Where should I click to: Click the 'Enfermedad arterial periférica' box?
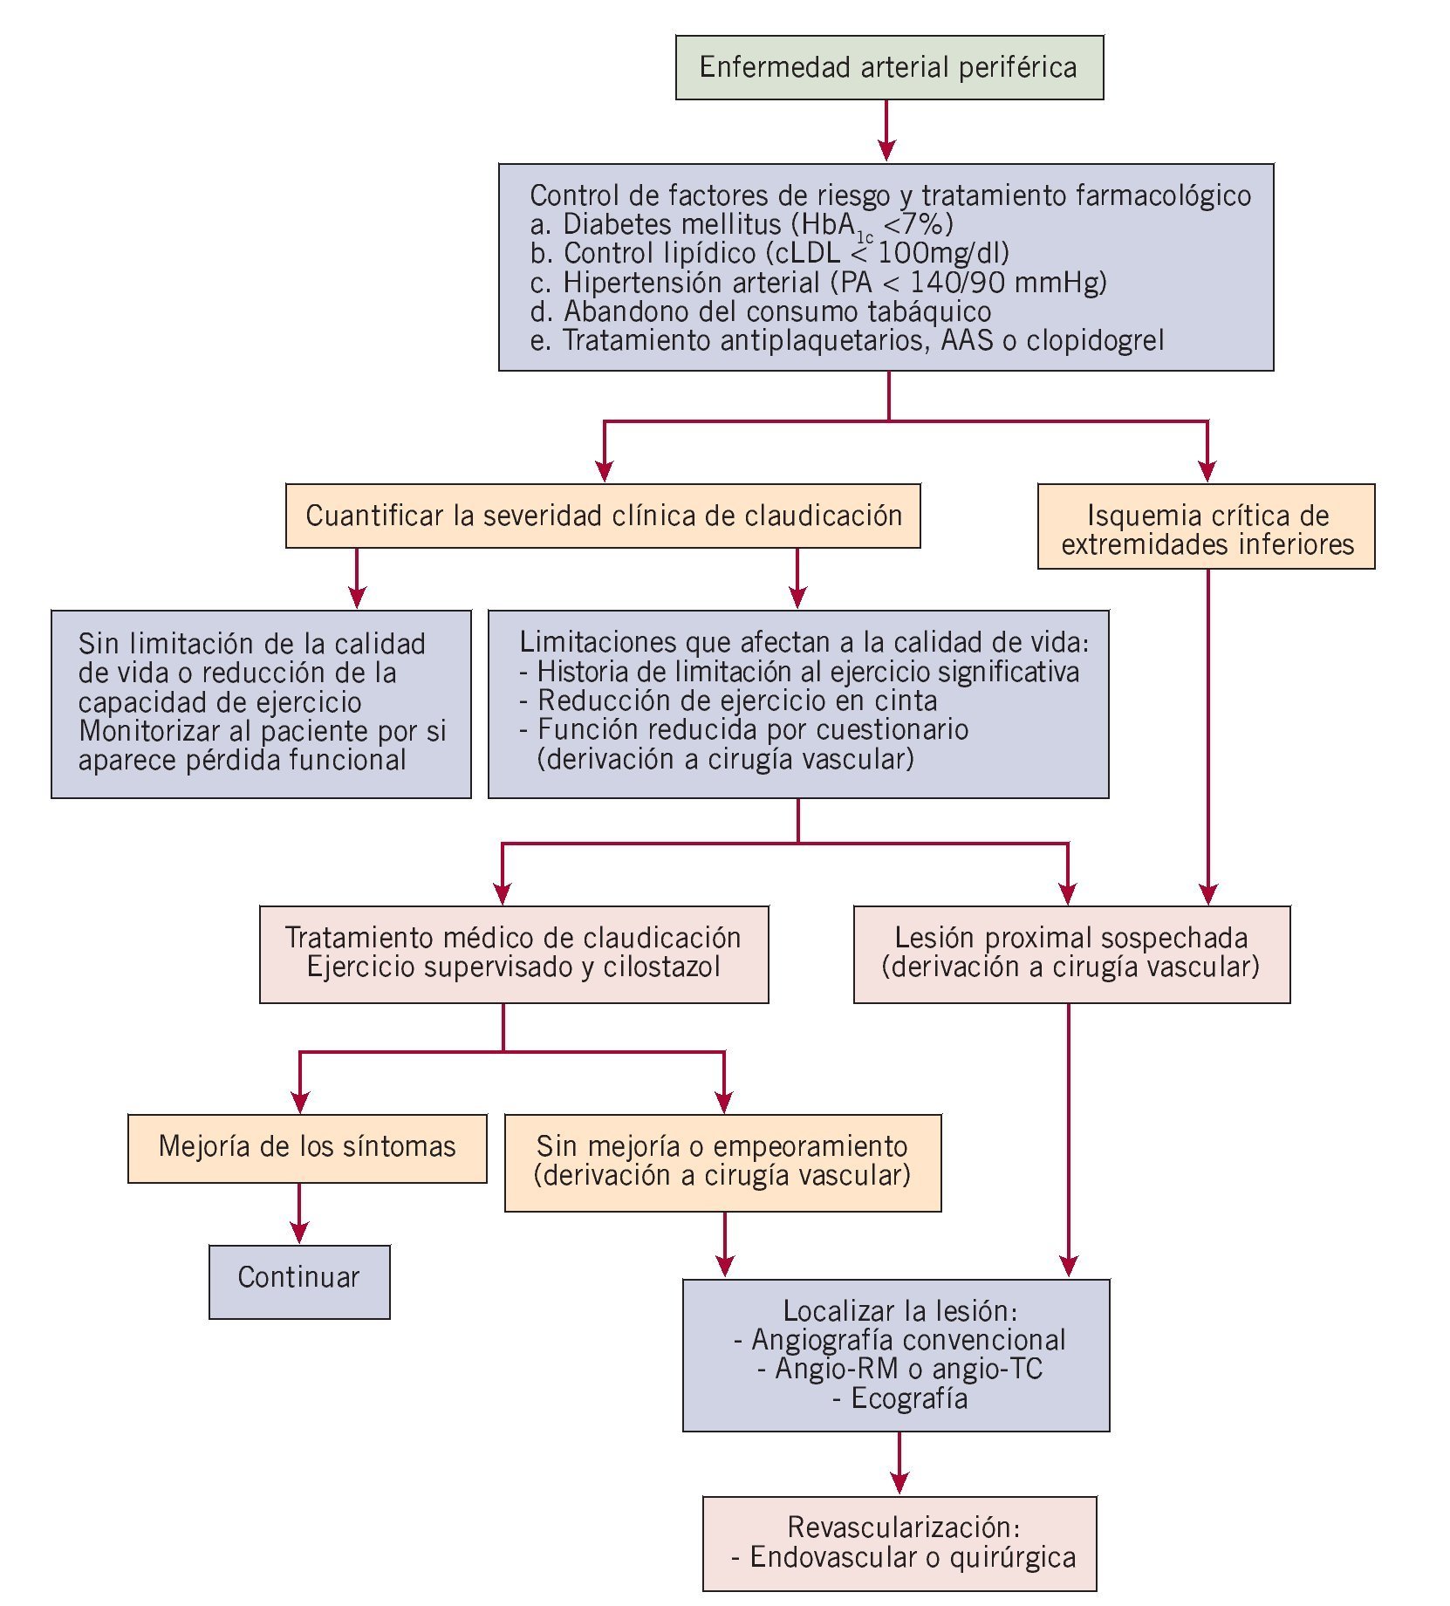point(889,68)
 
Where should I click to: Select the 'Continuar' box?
point(299,1281)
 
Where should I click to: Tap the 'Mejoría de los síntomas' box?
point(307,1148)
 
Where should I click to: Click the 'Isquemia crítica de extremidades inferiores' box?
point(1207,527)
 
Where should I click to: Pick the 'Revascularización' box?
point(899,1545)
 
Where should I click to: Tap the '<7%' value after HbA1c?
point(918,224)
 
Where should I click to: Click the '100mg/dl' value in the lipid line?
point(942,253)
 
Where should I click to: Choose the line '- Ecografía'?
point(899,1398)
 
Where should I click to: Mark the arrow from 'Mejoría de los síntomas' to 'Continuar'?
point(299,1213)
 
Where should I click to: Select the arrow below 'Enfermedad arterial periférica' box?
point(887,131)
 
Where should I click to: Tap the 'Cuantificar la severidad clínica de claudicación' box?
point(603,516)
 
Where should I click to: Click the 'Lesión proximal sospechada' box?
point(1071,953)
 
